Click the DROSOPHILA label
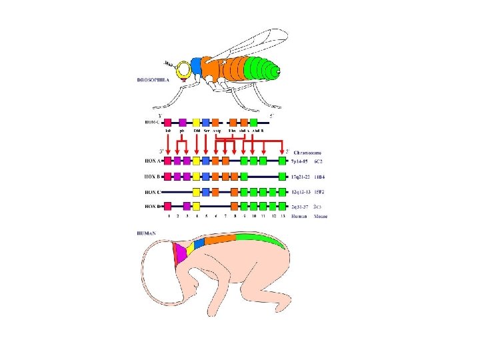click(153, 79)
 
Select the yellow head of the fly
click(183, 69)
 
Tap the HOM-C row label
click(153, 123)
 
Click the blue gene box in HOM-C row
click(206, 123)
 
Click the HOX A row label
click(153, 161)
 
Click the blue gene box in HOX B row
click(206, 176)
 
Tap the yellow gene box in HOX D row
click(196, 206)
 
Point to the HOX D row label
click(153, 206)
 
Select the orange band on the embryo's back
click(220, 239)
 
